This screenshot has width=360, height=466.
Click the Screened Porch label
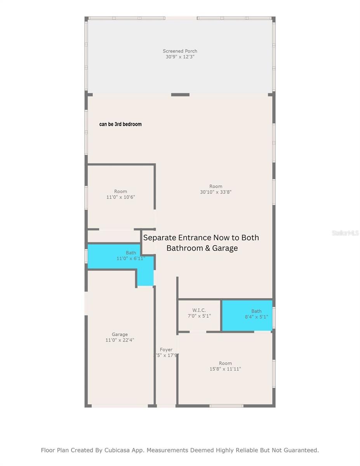tap(180, 51)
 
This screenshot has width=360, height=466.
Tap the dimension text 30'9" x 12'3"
tap(180, 57)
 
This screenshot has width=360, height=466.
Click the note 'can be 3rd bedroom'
tap(120, 124)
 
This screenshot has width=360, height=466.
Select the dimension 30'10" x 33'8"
tap(216, 192)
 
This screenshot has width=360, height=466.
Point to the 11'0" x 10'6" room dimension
tap(120, 197)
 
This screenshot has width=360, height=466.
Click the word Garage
tap(120, 334)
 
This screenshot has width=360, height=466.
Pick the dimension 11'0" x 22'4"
tap(120, 340)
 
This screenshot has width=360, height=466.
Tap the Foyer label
tap(166, 349)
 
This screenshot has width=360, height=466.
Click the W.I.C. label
tap(199, 310)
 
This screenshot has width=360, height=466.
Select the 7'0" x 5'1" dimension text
tap(199, 316)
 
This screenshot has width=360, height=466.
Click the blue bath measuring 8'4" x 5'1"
tap(247, 322)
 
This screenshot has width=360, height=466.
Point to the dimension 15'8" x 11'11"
tap(225, 369)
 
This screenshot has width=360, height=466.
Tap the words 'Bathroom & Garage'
tap(202, 248)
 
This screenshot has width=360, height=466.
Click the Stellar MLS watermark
tap(345, 233)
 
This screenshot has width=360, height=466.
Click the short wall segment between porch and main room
tap(180, 95)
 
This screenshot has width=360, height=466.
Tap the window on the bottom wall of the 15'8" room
tap(226, 406)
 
